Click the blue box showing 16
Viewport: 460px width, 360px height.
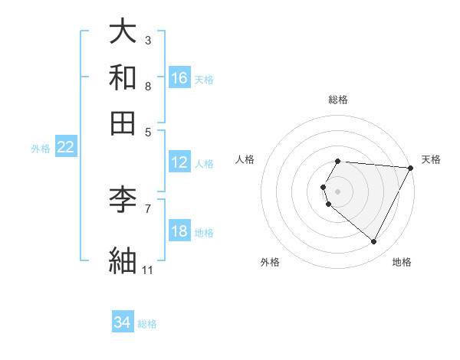pos(179,77)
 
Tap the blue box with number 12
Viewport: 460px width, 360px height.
pos(179,162)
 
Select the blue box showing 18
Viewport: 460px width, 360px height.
pos(179,232)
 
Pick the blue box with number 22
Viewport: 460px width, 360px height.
pos(65,148)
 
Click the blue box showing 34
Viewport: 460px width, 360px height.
pos(123,323)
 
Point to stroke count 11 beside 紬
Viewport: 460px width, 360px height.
pos(147,270)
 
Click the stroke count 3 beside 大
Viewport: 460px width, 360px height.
pos(147,40)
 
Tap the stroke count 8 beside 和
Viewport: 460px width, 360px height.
pos(147,86)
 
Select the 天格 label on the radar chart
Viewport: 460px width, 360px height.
pos(431,159)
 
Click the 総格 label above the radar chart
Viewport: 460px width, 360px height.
pos(338,100)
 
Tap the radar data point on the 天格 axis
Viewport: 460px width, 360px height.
pos(411,167)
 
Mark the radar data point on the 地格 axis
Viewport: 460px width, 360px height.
pos(374,241)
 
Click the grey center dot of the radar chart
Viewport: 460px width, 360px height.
pos(338,191)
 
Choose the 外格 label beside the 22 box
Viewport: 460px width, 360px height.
pos(41,149)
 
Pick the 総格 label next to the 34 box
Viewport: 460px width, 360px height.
pos(147,324)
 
